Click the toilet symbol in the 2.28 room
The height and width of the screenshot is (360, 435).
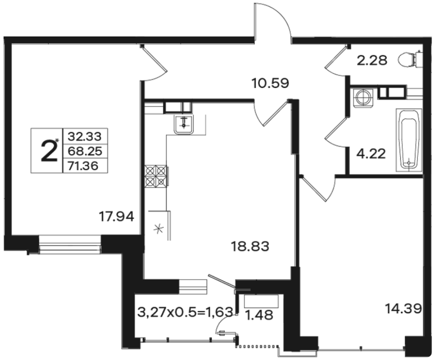(410, 59)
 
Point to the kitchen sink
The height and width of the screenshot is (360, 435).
(184, 124)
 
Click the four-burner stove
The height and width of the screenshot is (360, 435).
(156, 176)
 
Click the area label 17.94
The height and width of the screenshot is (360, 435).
(117, 216)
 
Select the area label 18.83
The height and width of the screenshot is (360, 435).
(250, 246)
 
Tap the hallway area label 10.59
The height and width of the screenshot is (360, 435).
(270, 83)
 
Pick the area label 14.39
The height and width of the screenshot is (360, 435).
(403, 308)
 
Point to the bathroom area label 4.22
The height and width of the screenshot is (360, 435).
(371, 153)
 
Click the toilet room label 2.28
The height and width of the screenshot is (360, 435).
(372, 60)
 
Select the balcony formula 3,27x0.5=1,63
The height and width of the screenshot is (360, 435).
(185, 312)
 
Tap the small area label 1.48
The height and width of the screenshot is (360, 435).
(259, 315)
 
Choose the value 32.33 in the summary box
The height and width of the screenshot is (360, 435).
(84, 136)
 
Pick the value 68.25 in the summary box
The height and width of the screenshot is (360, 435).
(85, 151)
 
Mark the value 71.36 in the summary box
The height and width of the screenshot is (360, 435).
(83, 166)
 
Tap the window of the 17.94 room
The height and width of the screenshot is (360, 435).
(70, 245)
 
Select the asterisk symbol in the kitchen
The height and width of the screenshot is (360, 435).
(159, 229)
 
